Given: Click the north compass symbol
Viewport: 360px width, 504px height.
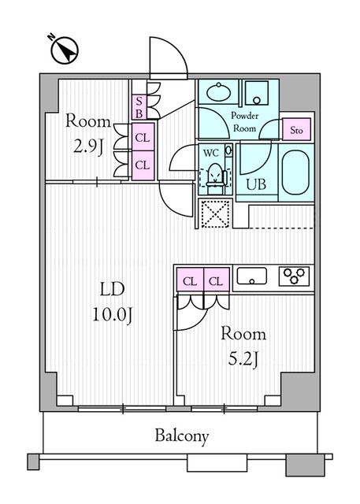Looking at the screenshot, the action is pos(65,50).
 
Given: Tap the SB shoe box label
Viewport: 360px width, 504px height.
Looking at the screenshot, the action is pos(139,107).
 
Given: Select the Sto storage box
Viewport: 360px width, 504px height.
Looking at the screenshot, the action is pos(296,129).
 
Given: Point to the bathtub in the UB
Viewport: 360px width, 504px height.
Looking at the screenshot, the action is pos(295,172).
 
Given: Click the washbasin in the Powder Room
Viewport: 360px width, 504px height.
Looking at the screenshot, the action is pos(218,92).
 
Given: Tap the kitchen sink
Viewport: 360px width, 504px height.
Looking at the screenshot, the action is pos(252,276).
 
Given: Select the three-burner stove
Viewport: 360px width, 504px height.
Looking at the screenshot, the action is pos(294,276).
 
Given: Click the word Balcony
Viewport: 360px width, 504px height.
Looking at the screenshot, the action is pos(182,436).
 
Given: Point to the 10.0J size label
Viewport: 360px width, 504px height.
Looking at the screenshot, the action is pos(113,314).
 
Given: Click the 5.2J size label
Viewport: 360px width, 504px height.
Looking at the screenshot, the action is pos(243,359).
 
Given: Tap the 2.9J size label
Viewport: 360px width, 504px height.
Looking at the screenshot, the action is pos(88,147).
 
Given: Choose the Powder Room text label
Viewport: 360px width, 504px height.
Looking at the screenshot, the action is pos(245,122).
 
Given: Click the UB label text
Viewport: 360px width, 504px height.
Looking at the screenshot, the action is pos(256,184).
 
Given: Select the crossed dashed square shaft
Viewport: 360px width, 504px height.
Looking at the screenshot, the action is pos(215,213).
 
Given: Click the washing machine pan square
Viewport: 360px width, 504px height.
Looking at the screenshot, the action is pos(257,93).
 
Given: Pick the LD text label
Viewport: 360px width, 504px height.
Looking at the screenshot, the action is pos(112,289).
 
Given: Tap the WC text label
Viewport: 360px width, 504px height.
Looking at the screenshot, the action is pos(211,153).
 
